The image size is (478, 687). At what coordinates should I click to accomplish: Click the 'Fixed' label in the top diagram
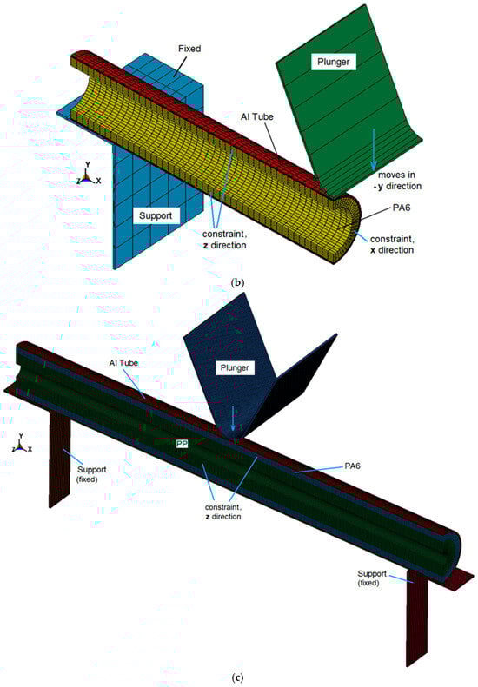tap(189, 49)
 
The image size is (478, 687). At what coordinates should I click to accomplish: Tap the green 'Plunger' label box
tap(333, 62)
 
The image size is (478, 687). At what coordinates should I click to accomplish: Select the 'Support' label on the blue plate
tap(156, 215)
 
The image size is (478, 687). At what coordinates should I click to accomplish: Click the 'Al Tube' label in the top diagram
tap(257, 117)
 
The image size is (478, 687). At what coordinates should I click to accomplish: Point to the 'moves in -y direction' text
tap(400, 181)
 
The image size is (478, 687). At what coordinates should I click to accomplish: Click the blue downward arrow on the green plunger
tap(373, 149)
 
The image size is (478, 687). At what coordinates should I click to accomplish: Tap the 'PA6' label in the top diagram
tap(402, 208)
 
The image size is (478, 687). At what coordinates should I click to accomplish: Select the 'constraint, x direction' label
tap(392, 244)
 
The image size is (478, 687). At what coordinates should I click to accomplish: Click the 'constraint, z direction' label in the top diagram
tap(224, 240)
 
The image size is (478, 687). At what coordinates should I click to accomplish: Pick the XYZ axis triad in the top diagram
tap(88, 174)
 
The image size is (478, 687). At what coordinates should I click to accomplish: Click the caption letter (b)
tap(237, 282)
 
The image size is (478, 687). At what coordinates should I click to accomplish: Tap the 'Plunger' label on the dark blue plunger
tap(235, 367)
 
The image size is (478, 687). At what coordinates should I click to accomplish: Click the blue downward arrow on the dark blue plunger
tap(233, 419)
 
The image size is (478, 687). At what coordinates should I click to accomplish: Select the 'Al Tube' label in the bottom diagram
tap(123, 363)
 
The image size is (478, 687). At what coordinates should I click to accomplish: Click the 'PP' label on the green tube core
tap(182, 444)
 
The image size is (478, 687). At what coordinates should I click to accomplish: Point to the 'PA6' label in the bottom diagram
tap(353, 466)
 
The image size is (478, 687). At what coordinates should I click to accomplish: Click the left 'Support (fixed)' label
tap(91, 474)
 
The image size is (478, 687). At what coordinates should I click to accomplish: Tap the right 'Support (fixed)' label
tap(372, 578)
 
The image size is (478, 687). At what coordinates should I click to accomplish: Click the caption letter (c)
tap(237, 677)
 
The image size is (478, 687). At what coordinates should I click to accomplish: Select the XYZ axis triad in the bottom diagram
tap(21, 443)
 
